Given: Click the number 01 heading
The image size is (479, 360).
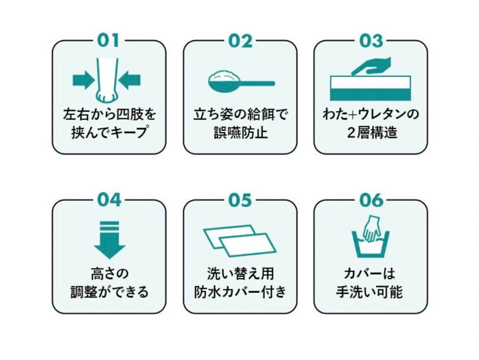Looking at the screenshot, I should point(109,41).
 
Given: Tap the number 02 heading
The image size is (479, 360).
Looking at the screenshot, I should point(240,41).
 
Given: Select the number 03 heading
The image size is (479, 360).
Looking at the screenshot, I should point(371,41).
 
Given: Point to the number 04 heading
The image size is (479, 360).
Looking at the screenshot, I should point(109,200).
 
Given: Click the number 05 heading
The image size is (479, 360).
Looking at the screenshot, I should point(240,200).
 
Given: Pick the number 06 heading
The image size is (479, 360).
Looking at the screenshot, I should point(371,200).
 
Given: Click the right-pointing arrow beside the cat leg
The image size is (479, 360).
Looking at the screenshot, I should point(83,80).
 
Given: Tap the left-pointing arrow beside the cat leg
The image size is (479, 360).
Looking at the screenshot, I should point(130,80).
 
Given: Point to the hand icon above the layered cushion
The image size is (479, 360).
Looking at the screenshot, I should point(377,66).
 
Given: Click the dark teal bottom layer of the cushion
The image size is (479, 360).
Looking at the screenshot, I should point(370,94).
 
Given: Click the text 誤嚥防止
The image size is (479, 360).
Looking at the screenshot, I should point(240,133).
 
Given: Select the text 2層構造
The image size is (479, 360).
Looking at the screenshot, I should point(372,133).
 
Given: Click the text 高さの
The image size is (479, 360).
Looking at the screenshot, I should point(109,273).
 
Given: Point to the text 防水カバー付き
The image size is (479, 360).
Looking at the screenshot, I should point(240,292).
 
